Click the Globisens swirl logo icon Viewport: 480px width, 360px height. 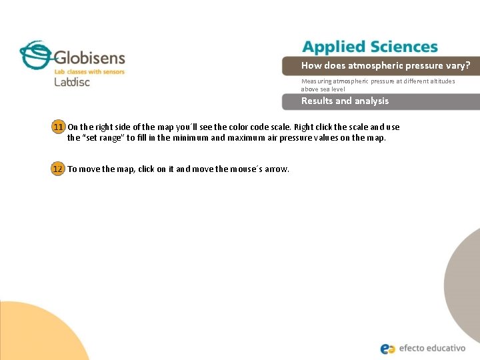pyautogui.click(x=35, y=54)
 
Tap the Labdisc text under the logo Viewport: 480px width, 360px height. pyautogui.click(x=71, y=83)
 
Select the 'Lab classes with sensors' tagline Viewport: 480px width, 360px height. pyautogui.click(x=89, y=71)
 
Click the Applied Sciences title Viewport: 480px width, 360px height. pyautogui.click(x=369, y=47)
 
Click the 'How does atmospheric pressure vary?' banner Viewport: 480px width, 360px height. pyautogui.click(x=385, y=65)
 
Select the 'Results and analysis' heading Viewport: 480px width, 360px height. pyautogui.click(x=345, y=101)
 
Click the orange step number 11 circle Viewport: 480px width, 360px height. pyautogui.click(x=59, y=127)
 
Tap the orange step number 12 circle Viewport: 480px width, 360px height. pyautogui.click(x=59, y=169)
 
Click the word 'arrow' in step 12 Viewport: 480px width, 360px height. pyautogui.click(x=277, y=169)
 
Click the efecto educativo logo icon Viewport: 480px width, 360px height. pyautogui.click(x=388, y=348)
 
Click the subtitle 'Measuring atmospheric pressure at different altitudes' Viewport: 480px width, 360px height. pyautogui.click(x=378, y=81)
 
